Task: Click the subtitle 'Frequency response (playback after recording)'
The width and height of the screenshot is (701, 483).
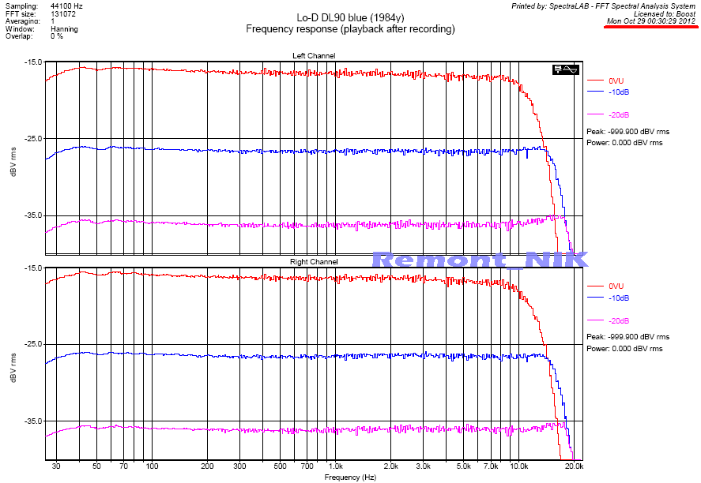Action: pos(350,28)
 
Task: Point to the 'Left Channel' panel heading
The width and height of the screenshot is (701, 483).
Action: pos(313,56)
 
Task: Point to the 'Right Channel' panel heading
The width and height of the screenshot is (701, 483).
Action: pos(313,262)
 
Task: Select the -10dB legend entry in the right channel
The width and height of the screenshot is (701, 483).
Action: pos(619,298)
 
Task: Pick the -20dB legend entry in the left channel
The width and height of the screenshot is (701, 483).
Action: pos(619,115)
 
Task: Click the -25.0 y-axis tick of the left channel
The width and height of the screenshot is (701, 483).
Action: pos(33,139)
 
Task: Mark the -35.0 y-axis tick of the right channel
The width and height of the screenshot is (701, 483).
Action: pos(33,421)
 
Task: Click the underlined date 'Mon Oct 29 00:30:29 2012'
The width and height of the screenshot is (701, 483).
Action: pos(651,21)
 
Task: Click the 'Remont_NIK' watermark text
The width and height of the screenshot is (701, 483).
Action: pos(481,260)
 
